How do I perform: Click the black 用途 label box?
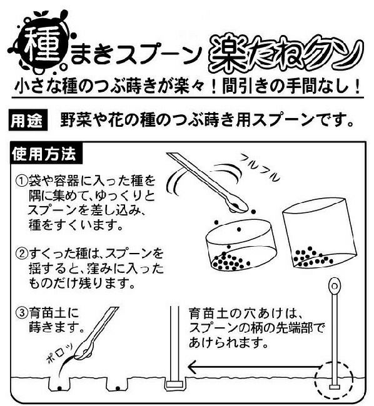[x=28, y=120]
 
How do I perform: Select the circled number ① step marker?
[x=22, y=181]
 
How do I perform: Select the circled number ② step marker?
[x=22, y=253]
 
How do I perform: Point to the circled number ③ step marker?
[x=22, y=313]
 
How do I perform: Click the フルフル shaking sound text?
[x=260, y=167]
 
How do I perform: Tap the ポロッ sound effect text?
[x=59, y=354]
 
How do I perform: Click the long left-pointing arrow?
[x=253, y=367]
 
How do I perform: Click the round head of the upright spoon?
[x=334, y=286]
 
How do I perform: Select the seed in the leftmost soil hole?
[x=59, y=388]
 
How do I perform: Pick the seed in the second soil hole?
[x=118, y=389]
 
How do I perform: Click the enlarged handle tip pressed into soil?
[x=174, y=384]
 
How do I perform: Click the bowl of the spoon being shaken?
[x=237, y=207]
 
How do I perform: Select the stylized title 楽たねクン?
[x=286, y=54]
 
